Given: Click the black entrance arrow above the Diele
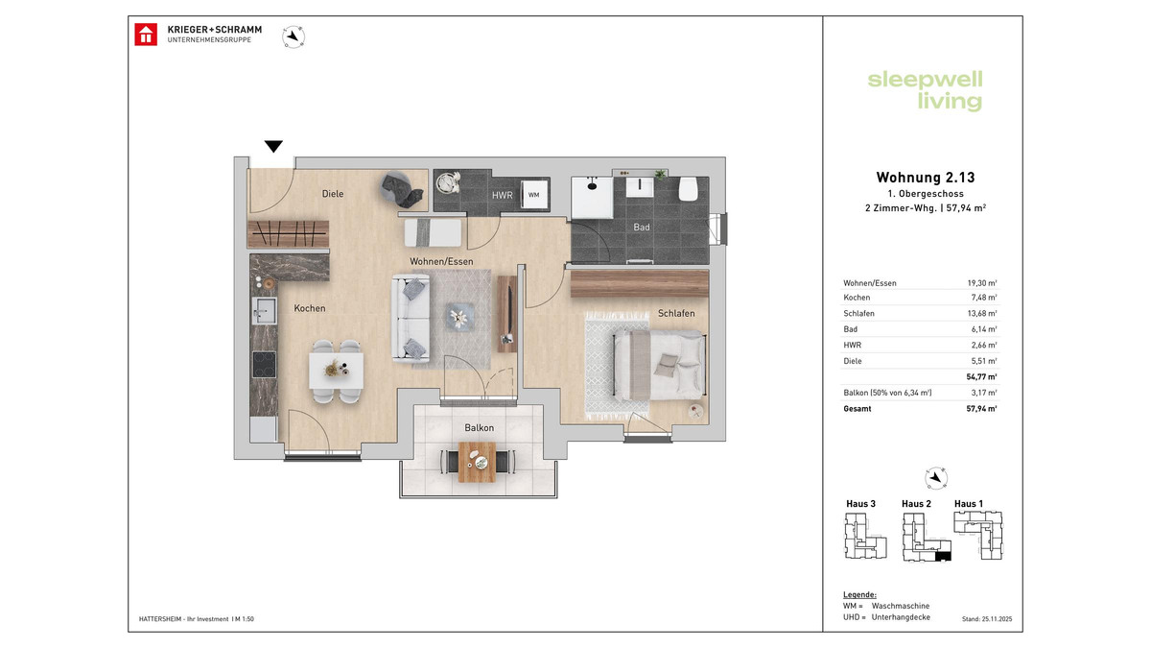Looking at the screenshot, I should tap(274, 147).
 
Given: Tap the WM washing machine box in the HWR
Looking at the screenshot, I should tap(533, 195).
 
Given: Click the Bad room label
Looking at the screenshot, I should tap(642, 228).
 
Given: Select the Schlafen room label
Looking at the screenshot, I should tap(676, 314).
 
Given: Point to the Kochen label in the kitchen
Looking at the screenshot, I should tap(310, 309).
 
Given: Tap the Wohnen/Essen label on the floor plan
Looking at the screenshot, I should tap(441, 261).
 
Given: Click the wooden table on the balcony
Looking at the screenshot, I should tap(477, 462).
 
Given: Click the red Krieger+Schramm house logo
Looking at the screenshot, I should tap(147, 35).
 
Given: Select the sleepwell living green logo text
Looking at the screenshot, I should tap(925, 90).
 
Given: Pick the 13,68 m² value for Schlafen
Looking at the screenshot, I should tap(982, 314).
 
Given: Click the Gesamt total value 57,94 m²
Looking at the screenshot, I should tap(982, 409).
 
